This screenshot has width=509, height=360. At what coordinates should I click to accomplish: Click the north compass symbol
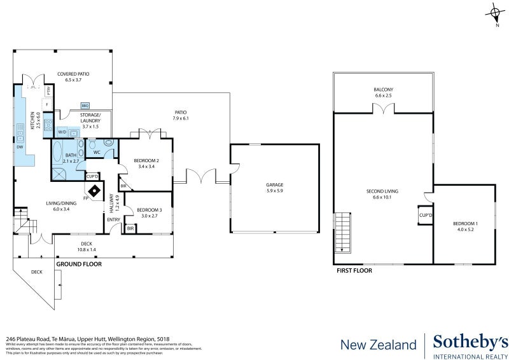coord(496,13)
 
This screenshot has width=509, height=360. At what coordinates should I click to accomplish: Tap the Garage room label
coord(274,188)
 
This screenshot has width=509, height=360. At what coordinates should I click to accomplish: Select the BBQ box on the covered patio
coord(85,105)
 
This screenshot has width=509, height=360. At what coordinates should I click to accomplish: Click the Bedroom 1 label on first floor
coord(464,226)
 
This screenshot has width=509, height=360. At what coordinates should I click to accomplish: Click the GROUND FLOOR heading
coord(78,263)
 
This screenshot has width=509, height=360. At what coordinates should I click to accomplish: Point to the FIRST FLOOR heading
coord(354,270)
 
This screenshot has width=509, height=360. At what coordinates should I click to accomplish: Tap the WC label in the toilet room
coord(96,153)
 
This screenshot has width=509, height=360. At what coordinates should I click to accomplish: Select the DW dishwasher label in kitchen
coord(20,147)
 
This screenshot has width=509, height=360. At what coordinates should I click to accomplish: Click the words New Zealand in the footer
coord(379,345)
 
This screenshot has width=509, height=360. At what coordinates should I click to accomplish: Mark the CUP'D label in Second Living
coord(425,215)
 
